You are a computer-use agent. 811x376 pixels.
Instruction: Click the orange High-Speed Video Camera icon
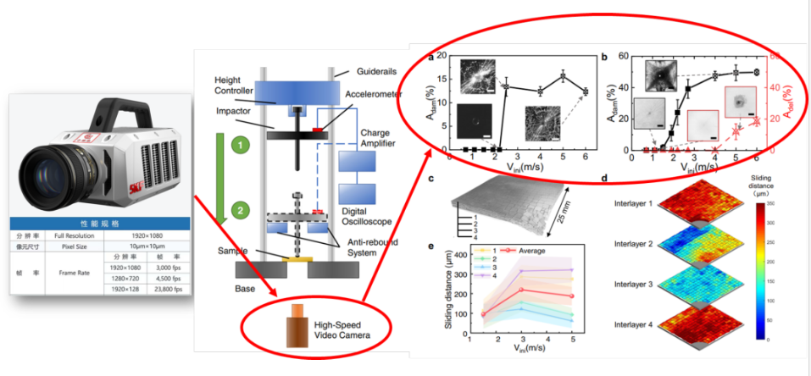(296, 325)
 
